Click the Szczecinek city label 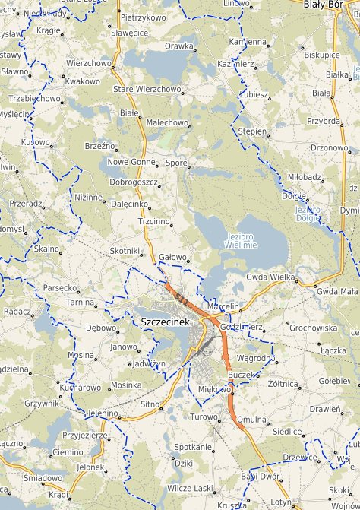165,322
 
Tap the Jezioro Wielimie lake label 242,241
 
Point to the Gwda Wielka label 270,277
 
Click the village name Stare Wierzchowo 147,89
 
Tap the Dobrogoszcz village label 133,182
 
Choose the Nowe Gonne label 131,162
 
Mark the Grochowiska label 313,328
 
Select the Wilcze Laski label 189,488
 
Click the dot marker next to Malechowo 191,122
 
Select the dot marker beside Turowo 222,417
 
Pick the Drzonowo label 328,147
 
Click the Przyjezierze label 84,436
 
